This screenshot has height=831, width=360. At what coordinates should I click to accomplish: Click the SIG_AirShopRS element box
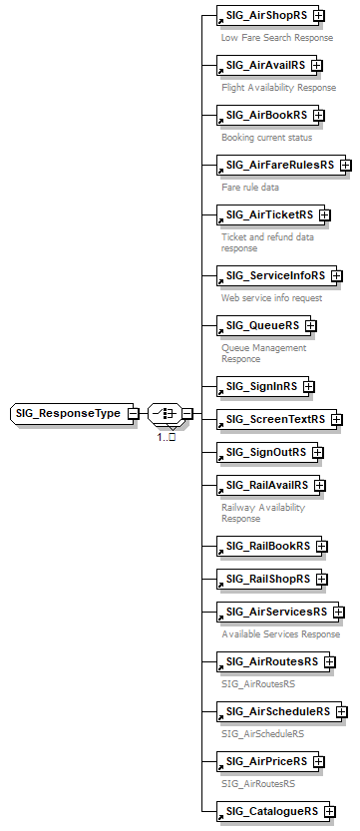pos(264,16)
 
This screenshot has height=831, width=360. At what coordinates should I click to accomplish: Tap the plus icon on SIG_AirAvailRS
pos(317,66)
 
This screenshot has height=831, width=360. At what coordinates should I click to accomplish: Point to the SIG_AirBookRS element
pos(263,115)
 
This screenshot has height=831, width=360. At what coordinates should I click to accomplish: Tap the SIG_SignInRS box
pos(259,386)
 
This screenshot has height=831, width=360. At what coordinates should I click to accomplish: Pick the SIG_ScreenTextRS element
pos(273,419)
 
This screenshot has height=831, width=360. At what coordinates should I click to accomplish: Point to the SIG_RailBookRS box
pos(265,546)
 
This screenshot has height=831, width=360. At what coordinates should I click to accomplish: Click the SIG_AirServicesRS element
pos(274,612)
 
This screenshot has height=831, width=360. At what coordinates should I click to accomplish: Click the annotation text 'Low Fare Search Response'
pos(277,37)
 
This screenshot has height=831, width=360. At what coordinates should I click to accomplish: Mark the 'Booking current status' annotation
pos(267,137)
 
